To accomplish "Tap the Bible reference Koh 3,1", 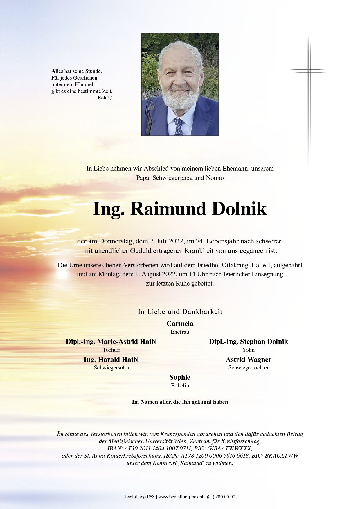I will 105,98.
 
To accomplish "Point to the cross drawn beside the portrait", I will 309,71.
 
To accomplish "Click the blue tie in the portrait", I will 179,127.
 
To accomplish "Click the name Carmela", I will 180,324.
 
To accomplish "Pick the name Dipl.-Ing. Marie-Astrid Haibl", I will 111,342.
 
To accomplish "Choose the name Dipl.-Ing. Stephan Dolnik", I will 248,342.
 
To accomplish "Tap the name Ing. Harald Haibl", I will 111,360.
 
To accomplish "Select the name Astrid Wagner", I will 249,360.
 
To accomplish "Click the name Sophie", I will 180,377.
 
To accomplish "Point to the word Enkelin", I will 180,386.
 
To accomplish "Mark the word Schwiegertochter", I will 249,368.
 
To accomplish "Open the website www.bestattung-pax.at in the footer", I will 181,497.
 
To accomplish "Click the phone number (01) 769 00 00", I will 221,497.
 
